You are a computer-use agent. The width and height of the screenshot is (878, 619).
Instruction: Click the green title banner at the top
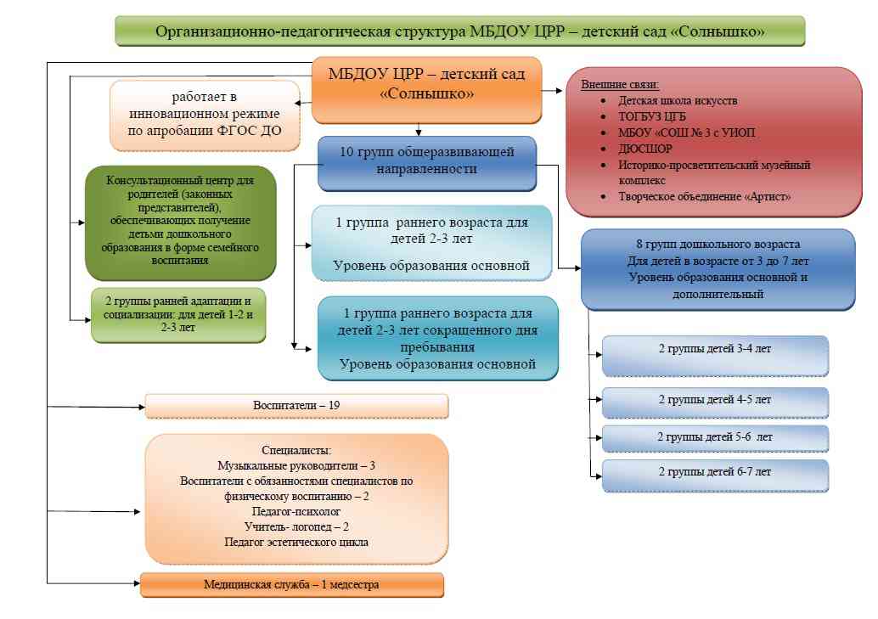459,31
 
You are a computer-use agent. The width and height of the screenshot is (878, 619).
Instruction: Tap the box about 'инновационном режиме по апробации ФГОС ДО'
205,115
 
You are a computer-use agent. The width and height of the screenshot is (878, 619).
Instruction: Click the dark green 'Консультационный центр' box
181,222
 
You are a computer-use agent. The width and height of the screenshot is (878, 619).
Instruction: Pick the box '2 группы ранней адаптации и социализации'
178,315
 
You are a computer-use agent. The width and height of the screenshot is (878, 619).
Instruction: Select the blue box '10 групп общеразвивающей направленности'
427,162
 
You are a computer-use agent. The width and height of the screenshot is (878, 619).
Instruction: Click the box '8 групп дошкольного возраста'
718,268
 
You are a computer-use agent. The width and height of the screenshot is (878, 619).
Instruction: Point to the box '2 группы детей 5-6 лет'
715,438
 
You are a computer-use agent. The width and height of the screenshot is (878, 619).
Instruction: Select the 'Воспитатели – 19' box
296,406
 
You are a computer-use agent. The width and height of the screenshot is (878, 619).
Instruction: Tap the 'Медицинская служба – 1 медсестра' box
291,585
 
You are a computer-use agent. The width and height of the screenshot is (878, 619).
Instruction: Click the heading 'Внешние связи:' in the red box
620,86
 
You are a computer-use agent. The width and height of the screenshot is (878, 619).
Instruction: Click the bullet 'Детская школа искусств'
667,100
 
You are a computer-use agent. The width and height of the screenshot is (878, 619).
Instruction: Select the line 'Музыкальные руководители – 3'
296,466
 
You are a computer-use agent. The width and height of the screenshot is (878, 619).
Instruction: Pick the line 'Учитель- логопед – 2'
296,527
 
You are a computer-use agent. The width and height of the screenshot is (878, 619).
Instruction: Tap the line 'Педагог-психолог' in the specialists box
296,512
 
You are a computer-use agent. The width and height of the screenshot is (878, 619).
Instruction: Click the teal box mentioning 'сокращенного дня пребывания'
437,338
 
